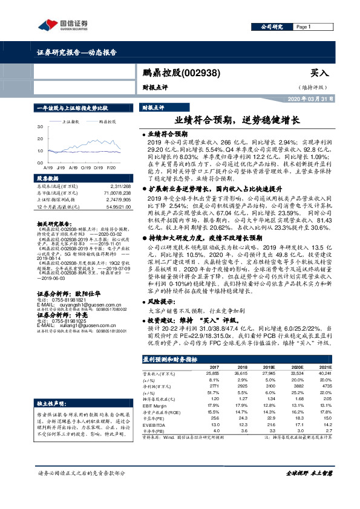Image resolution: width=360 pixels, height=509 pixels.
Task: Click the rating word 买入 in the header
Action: click(318, 73)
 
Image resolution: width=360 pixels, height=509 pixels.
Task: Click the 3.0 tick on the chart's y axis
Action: click(39, 127)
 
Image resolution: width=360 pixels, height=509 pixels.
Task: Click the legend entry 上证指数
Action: click(73, 121)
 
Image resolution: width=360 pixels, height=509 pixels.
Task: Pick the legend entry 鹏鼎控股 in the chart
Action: click(108, 121)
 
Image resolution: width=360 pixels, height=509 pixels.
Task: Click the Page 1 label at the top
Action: click(305, 27)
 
